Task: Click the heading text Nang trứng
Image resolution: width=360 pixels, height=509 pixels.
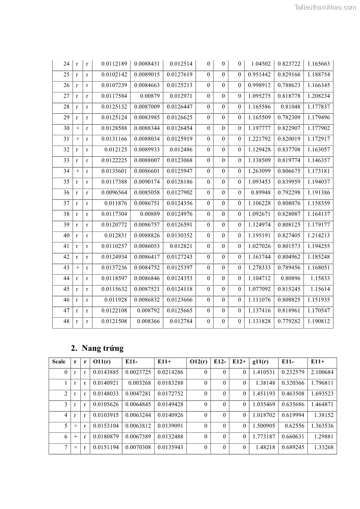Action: click(x=102, y=349)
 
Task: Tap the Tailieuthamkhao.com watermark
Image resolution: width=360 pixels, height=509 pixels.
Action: click(x=325, y=7)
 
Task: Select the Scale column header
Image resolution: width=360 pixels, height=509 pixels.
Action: click(x=59, y=362)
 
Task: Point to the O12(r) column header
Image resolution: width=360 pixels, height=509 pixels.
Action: click(x=199, y=362)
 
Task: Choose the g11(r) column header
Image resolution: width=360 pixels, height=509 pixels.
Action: click(x=260, y=362)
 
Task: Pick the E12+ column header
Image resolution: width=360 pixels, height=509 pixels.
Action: click(x=239, y=362)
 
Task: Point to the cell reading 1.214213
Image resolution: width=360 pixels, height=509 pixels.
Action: click(x=318, y=235)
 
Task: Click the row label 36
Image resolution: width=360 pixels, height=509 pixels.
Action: click(x=66, y=193)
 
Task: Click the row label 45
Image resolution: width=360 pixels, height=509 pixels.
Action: click(x=66, y=289)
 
